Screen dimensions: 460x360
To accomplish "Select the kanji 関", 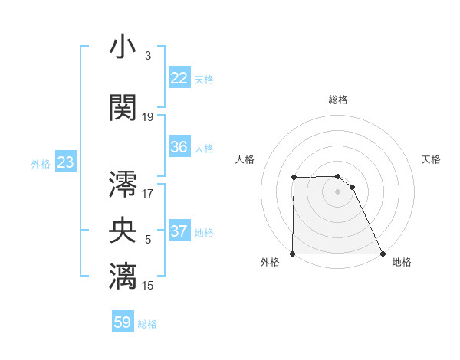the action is click(123, 107).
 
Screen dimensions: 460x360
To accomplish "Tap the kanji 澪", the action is click(123, 185).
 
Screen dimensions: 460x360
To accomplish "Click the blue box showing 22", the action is click(179, 78).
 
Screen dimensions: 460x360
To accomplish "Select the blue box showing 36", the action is click(179, 147).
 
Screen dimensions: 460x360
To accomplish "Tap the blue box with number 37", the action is click(179, 231).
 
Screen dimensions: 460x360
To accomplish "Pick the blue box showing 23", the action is click(65, 162).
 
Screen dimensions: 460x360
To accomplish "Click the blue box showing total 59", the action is click(123, 322).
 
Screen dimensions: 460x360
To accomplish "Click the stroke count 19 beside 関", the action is click(148, 117).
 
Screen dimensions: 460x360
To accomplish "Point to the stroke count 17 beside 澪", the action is click(148, 193).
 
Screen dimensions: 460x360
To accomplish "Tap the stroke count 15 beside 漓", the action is click(148, 285).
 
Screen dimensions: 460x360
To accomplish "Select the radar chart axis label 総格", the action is click(338, 100).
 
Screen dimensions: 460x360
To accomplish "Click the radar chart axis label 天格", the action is click(431, 159).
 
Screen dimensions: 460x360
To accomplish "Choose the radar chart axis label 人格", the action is click(245, 159).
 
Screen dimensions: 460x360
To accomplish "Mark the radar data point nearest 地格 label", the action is click(382, 254).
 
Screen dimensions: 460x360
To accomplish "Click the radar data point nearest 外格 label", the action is click(293, 254).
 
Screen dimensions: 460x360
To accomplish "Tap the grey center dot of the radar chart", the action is click(337, 191).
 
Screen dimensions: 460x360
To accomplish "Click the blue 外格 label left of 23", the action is click(40, 163).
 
